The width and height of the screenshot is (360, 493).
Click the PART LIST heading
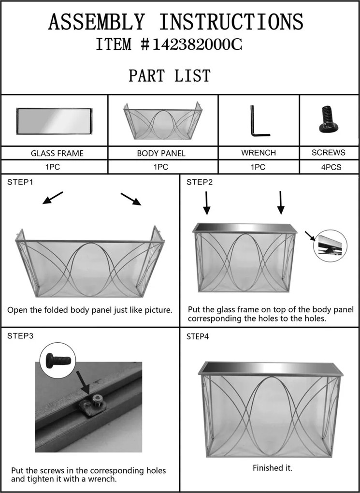click(169, 76)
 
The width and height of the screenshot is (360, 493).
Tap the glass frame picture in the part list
click(54, 121)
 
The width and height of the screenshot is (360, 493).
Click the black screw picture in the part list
click(328, 120)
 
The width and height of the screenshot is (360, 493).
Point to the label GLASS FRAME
click(57, 154)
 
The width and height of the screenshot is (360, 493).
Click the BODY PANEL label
click(161, 154)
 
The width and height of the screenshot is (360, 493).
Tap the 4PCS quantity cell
click(329, 167)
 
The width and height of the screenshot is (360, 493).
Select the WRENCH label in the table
click(259, 153)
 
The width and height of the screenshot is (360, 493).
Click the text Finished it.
click(273, 468)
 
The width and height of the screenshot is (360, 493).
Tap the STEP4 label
click(198, 336)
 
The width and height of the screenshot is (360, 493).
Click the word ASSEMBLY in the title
click(96, 23)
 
